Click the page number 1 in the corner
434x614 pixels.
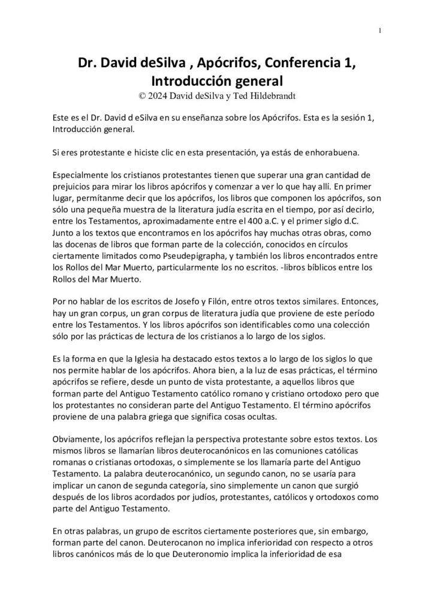coord(380,31)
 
